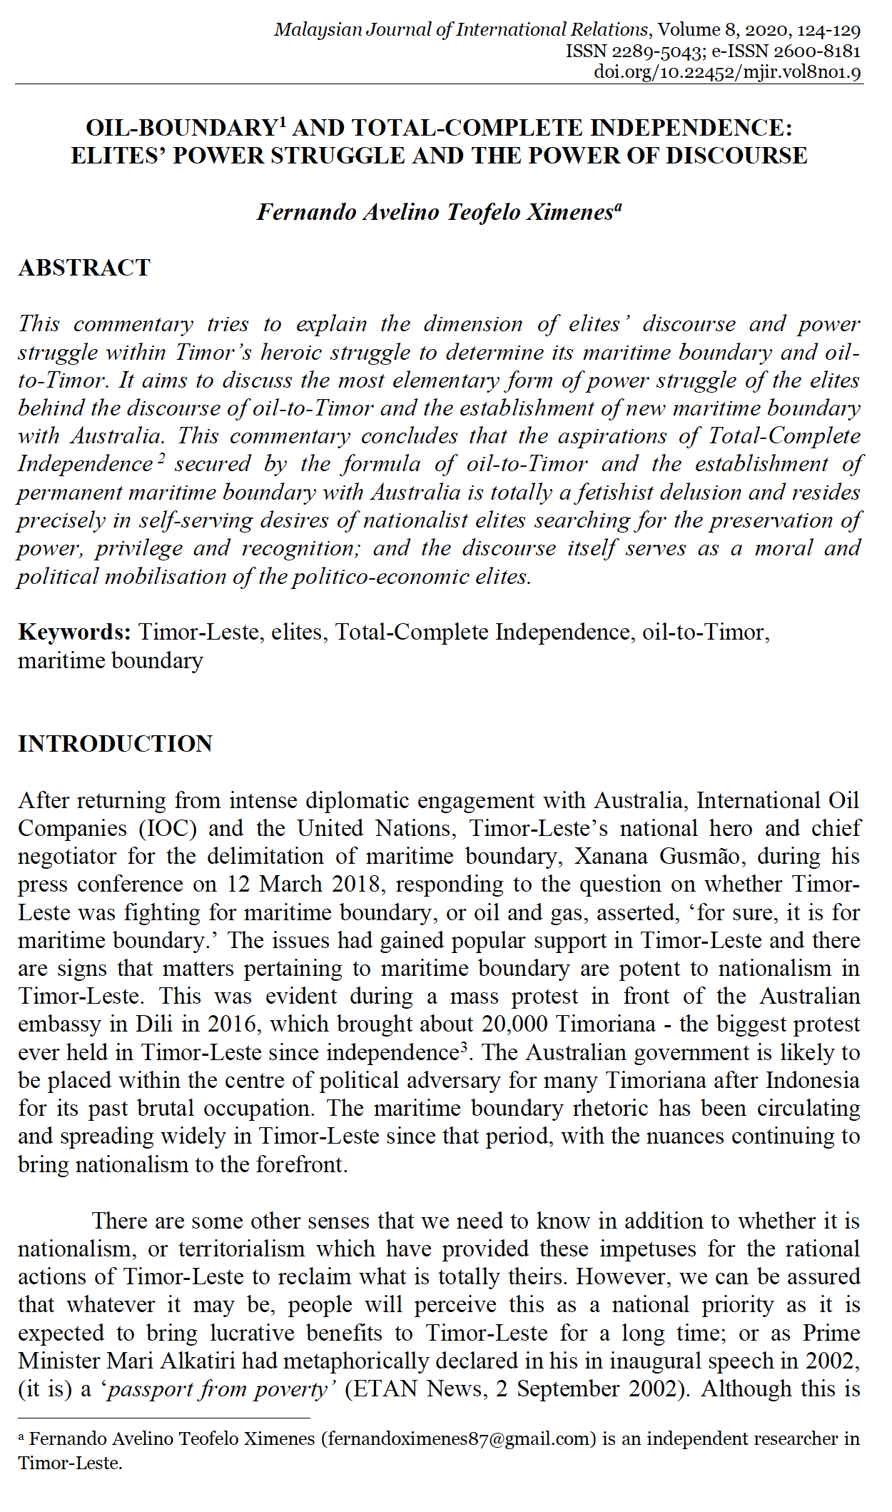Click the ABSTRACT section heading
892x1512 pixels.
coord(84,268)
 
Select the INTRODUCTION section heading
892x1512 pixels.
coord(115,744)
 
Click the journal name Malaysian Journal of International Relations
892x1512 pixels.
coord(461,30)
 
